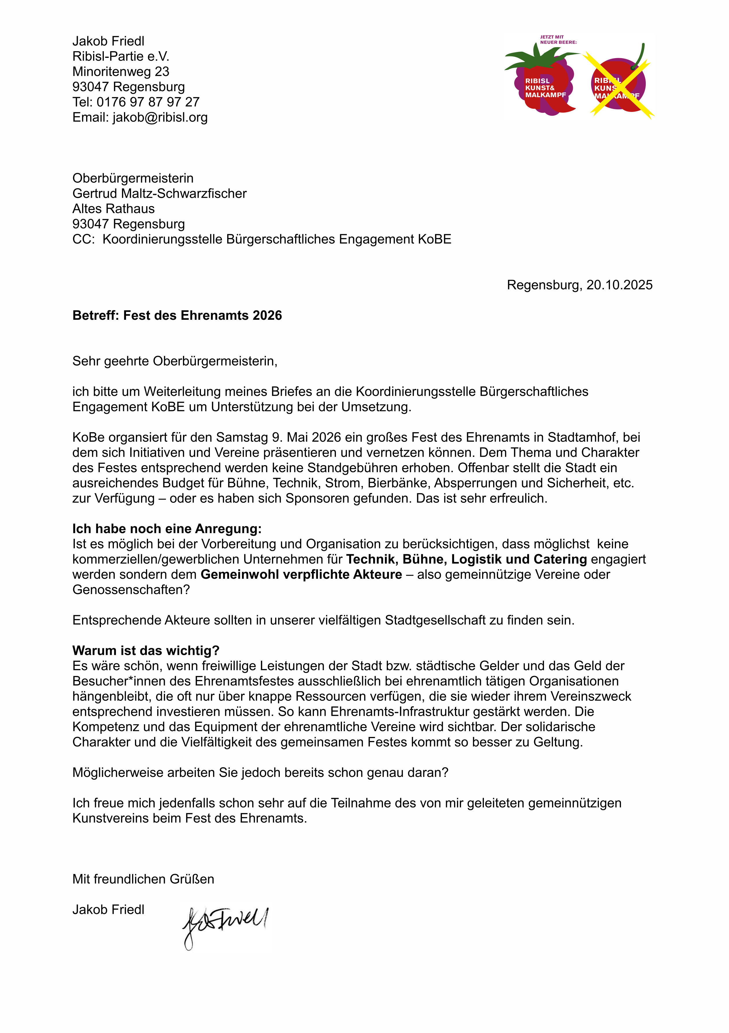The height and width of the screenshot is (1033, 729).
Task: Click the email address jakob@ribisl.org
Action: point(160,117)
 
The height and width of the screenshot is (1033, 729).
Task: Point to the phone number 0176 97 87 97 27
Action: point(148,102)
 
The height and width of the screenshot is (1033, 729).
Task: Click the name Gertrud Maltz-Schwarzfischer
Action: point(159,193)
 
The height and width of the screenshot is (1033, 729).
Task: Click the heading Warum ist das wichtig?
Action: point(146,651)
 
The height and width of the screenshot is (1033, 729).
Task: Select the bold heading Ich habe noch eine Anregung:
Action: point(167,529)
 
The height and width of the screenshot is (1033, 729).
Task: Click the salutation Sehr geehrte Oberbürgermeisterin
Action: point(175,361)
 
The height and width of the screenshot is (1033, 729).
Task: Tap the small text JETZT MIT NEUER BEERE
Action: point(558,40)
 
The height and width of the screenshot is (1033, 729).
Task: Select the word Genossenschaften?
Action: point(131,590)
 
